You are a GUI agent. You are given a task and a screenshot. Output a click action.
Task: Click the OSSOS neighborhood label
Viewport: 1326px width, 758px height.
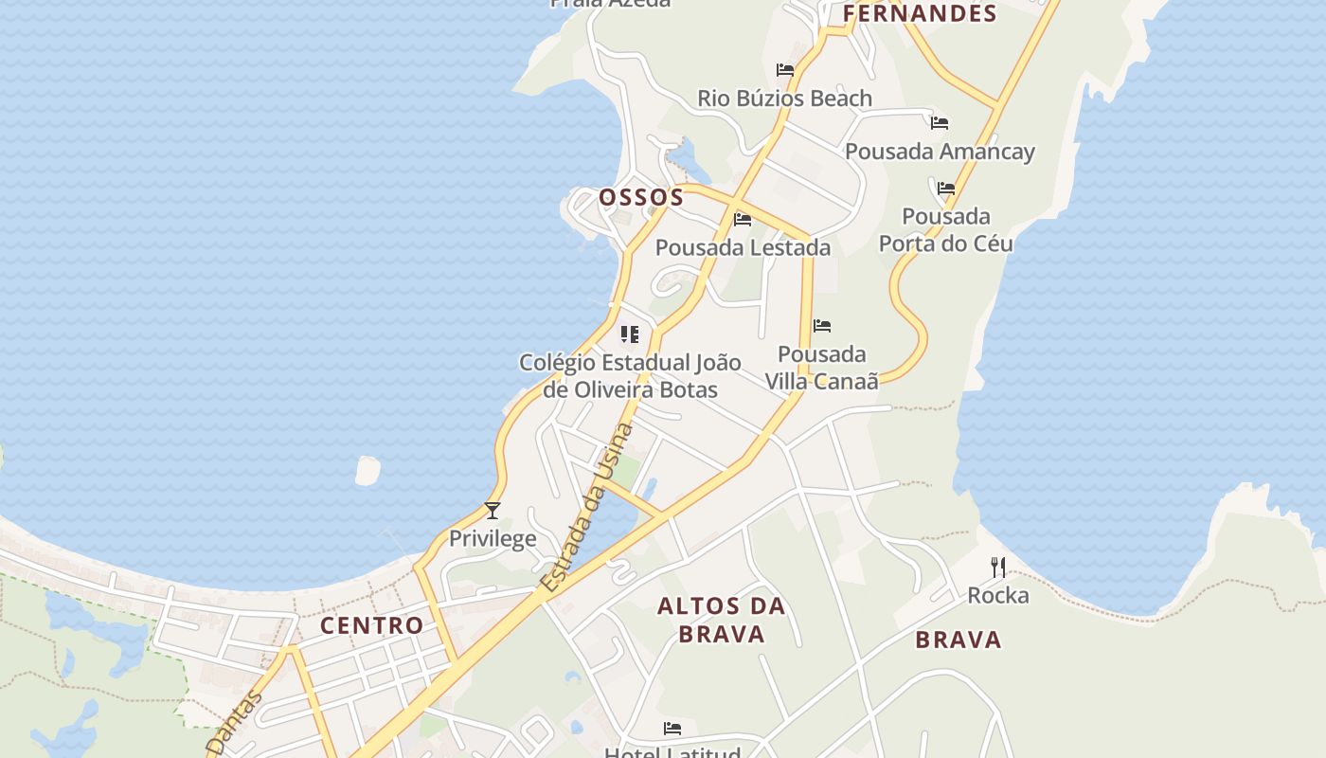point(641,197)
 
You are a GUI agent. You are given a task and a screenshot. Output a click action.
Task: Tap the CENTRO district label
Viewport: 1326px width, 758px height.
point(371,625)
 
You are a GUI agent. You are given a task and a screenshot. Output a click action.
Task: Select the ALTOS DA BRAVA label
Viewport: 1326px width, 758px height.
point(722,620)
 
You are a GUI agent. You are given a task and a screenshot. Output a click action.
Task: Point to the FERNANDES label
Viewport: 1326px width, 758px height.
point(920,13)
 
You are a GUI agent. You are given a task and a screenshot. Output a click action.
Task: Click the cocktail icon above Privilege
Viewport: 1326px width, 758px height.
point(493,511)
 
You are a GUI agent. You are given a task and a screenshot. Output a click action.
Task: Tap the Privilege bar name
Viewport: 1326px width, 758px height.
point(493,538)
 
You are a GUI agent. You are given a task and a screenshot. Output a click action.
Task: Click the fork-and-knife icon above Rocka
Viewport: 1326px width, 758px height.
point(997,568)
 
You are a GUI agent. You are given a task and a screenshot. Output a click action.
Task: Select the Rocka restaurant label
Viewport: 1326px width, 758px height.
point(997,595)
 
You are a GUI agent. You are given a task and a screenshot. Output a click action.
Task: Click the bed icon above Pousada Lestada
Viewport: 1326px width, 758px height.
point(743,220)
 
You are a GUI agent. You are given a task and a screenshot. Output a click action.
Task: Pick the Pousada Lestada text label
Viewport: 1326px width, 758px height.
point(743,247)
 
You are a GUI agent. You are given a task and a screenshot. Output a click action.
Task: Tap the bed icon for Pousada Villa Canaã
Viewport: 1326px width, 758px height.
point(822,326)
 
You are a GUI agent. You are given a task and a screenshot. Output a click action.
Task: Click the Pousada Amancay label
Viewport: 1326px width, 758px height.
point(940,152)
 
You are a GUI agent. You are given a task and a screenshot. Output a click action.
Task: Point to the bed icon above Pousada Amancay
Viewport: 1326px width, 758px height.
point(940,122)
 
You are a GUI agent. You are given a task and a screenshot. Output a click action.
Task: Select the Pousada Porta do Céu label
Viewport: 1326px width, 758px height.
point(945,229)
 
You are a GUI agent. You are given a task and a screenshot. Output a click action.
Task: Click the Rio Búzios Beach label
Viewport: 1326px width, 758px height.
point(784,99)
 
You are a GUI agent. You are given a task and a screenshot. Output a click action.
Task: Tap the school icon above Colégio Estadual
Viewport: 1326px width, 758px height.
point(630,334)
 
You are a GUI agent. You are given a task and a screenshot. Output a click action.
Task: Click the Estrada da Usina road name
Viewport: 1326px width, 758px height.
point(587,509)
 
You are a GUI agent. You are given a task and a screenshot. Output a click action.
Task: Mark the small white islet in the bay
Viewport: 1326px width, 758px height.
point(367,470)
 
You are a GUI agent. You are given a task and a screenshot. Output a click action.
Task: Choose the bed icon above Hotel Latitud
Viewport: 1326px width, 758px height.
point(672,729)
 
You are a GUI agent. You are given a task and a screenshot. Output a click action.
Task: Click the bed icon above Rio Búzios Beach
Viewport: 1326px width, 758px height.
point(784,69)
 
